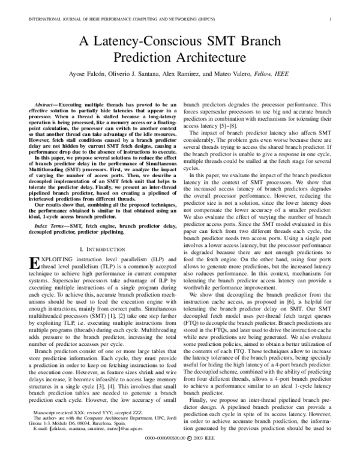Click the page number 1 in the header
click(331, 19)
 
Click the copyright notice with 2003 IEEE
click(180, 458)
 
